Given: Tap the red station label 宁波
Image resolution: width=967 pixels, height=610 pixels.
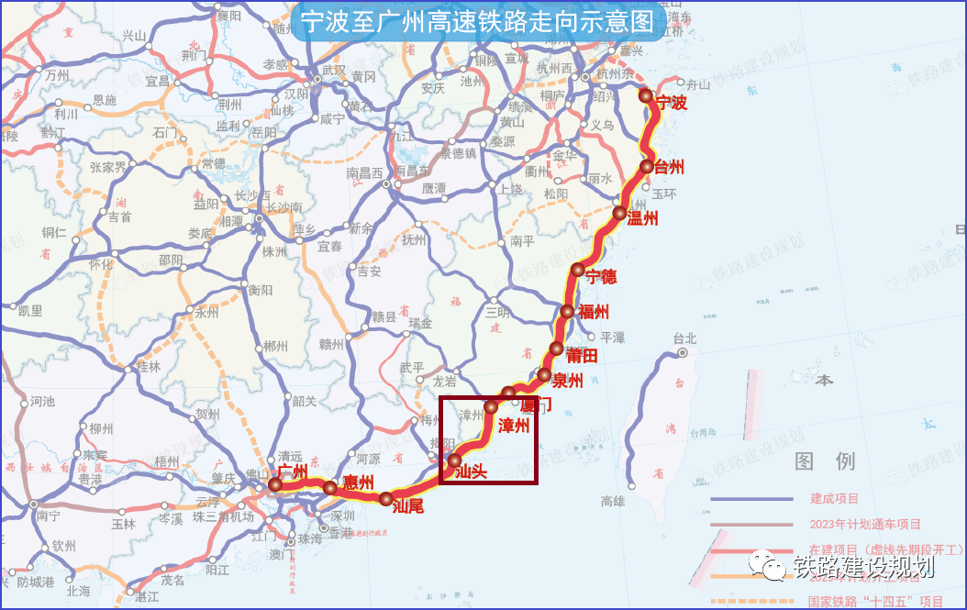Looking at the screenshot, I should (x=671, y=104).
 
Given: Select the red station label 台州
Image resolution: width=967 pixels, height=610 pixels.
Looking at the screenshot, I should (x=670, y=167).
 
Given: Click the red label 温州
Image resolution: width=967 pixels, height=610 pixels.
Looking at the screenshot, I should (x=643, y=218).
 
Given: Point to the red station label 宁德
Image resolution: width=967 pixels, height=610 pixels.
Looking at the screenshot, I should (x=601, y=276).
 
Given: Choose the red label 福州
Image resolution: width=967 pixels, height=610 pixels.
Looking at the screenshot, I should (x=594, y=312).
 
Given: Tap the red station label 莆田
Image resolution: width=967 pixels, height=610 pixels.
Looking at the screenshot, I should (x=583, y=355).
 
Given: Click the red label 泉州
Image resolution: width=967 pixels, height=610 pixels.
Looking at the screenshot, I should (x=568, y=382).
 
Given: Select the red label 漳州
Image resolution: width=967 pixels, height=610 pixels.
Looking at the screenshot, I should (x=514, y=426).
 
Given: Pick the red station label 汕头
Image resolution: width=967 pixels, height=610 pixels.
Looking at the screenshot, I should (x=471, y=473).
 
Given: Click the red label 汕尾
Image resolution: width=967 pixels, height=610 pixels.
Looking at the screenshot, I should (x=407, y=505).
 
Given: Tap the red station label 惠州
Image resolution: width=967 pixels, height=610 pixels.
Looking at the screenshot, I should (x=358, y=482).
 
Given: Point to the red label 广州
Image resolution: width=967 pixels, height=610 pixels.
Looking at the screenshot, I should (x=292, y=471).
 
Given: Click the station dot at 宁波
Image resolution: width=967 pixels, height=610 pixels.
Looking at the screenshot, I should (x=646, y=95).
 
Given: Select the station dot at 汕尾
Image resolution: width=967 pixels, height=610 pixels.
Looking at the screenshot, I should (x=385, y=498).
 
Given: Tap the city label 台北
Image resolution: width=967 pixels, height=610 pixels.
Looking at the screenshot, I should (x=684, y=337).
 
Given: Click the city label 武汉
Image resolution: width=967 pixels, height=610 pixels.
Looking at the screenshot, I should (x=334, y=70).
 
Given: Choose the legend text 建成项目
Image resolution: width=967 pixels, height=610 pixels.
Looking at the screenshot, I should (x=834, y=499).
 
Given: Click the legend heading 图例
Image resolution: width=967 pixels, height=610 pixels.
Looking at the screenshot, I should (x=825, y=460).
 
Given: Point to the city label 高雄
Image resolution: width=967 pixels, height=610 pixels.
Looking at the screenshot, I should (x=612, y=501).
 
